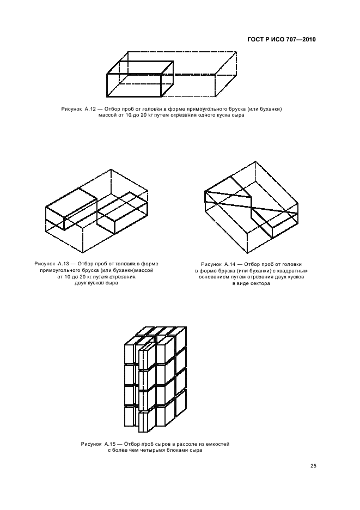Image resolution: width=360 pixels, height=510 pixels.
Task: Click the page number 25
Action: coord(313,465)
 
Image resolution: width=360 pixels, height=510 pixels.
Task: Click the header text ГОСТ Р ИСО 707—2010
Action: coord(282,40)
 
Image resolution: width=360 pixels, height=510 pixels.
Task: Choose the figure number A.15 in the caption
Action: coord(110,444)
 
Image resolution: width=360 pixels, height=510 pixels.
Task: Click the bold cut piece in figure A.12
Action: coord(140,78)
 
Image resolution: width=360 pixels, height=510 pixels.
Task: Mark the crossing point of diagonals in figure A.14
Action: coord(252,207)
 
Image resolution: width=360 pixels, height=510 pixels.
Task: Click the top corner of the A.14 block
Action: coord(255,161)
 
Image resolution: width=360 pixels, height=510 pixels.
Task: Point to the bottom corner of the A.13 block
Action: coord(83,253)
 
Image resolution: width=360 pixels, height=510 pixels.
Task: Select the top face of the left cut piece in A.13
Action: coord(71,202)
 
